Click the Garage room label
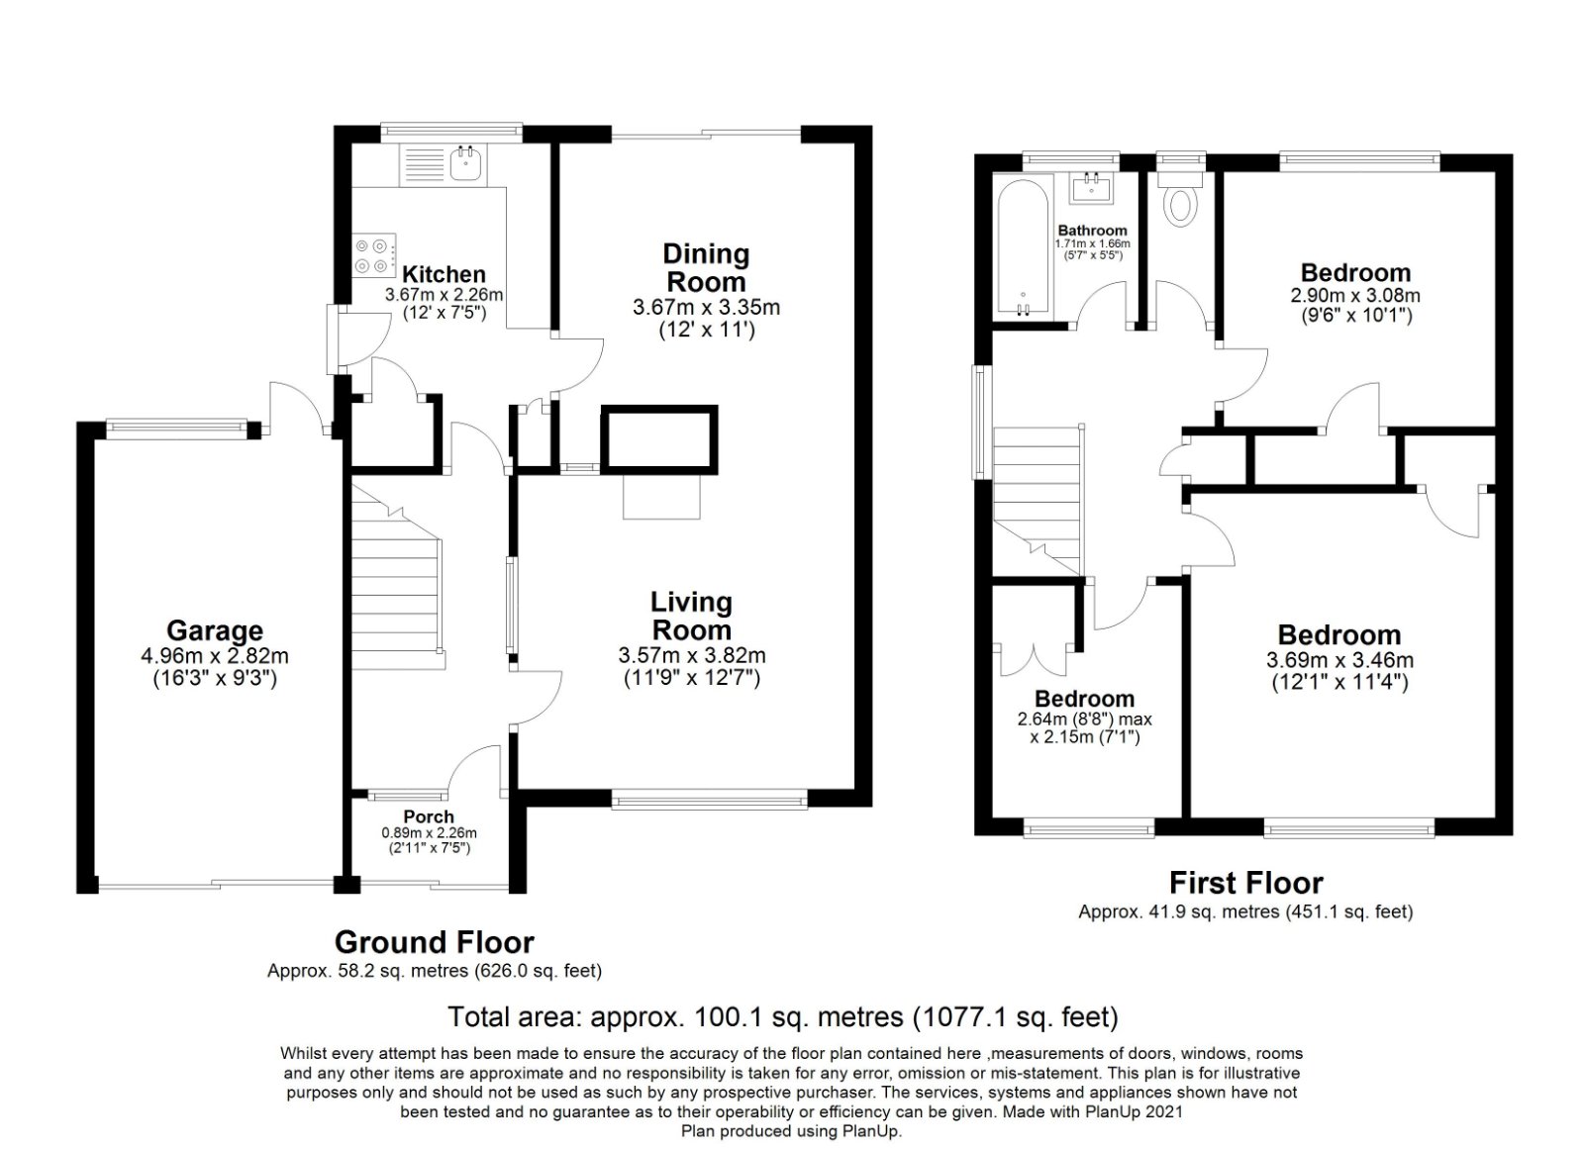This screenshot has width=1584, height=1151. pyautogui.click(x=214, y=630)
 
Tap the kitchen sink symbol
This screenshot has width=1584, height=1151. pyautogui.click(x=464, y=163)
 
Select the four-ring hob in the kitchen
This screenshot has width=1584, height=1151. pyautogui.click(x=373, y=255)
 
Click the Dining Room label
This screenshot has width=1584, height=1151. pyautogui.click(x=706, y=267)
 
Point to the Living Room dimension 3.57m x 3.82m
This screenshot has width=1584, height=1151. pyautogui.click(x=691, y=655)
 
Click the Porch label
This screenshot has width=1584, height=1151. pyautogui.click(x=429, y=816)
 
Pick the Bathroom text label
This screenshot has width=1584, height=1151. pyautogui.click(x=1092, y=231)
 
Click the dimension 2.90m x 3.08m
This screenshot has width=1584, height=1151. pyautogui.click(x=1354, y=295)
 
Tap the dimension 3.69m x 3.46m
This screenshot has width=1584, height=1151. pyautogui.click(x=1339, y=660)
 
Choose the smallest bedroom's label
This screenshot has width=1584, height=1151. pyautogui.click(x=1084, y=699)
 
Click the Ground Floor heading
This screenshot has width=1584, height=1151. pyautogui.click(x=434, y=941)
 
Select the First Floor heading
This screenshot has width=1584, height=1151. pyautogui.click(x=1245, y=882)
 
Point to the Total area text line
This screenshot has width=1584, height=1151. pyautogui.click(x=782, y=1015)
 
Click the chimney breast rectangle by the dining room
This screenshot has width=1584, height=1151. pyautogui.click(x=658, y=438)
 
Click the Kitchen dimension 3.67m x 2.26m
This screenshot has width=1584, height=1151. pyautogui.click(x=443, y=295)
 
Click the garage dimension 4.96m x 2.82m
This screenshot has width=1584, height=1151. pyautogui.click(x=214, y=655)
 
